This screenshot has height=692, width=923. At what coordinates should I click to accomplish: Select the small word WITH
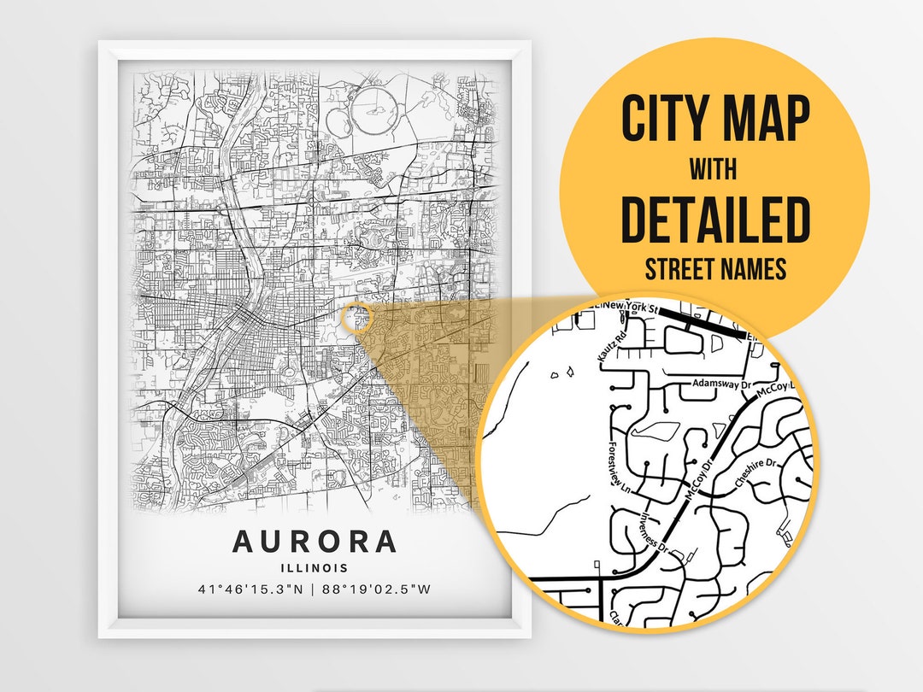click(x=715, y=169)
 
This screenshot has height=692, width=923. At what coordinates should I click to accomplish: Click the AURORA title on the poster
click(x=315, y=542)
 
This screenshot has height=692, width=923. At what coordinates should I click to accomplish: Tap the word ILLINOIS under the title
click(x=315, y=567)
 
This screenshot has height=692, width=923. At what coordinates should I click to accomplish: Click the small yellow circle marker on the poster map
click(x=356, y=318)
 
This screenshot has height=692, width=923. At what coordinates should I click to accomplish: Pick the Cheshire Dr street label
click(x=753, y=477)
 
